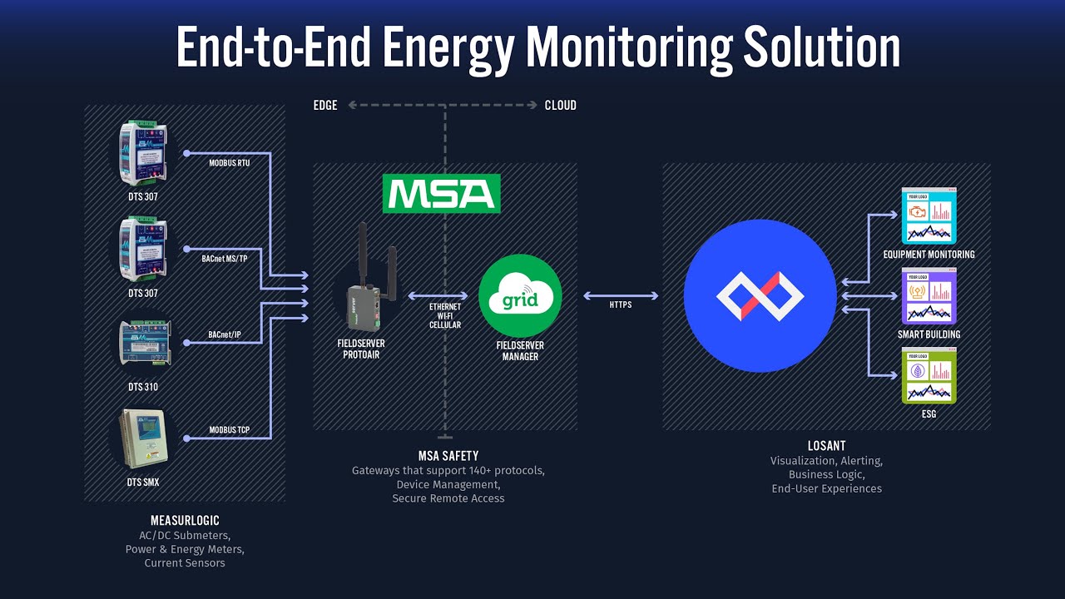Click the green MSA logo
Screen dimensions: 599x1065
pyautogui.click(x=441, y=193)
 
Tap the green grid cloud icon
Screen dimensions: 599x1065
pyautogui.click(x=520, y=296)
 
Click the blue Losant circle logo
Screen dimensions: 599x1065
pyautogui.click(x=760, y=296)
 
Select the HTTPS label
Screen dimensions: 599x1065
pyautogui.click(x=621, y=305)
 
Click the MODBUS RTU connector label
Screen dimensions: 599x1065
pyautogui.click(x=229, y=163)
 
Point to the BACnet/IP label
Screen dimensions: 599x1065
pyautogui.click(x=225, y=335)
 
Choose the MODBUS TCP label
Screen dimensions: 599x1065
pyautogui.click(x=229, y=431)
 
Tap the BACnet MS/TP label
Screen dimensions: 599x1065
pyautogui.click(x=225, y=259)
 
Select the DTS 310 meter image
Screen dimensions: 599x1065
pyautogui.click(x=144, y=344)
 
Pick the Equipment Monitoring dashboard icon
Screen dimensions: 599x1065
pyautogui.click(x=929, y=215)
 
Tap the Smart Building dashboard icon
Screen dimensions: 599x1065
pyautogui.click(x=929, y=295)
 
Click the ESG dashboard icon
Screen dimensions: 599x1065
pyautogui.click(x=929, y=375)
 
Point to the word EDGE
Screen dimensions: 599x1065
pyautogui.click(x=325, y=106)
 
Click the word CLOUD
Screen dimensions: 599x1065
pyautogui.click(x=560, y=106)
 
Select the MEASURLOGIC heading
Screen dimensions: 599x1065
pyautogui.click(x=185, y=521)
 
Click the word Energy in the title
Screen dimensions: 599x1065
pyautogui.click(x=444, y=48)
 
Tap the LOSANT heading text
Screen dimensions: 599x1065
pyautogui.click(x=825, y=446)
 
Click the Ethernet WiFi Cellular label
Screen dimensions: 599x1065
pyautogui.click(x=444, y=315)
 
